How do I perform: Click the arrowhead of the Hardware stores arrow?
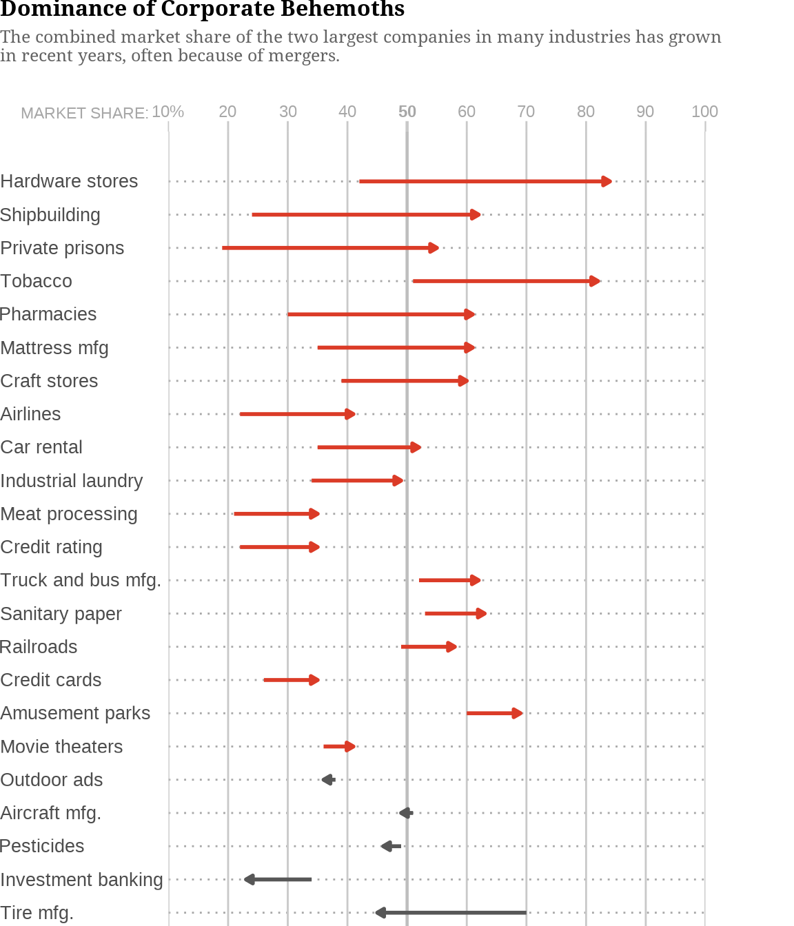607,181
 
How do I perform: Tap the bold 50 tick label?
407,112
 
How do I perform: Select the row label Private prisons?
62,248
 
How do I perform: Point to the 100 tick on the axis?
704,112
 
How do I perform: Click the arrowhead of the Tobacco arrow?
594,281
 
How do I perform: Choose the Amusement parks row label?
75,713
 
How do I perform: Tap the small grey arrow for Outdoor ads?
328,780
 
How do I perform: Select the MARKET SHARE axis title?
84,113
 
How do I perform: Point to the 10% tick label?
167,112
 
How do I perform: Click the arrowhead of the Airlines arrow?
350,414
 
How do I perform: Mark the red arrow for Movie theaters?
339,747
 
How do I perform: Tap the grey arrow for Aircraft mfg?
406,813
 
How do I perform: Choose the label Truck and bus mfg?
81,580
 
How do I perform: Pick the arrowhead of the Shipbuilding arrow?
475,215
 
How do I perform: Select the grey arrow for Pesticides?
391,846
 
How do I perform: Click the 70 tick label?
526,112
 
